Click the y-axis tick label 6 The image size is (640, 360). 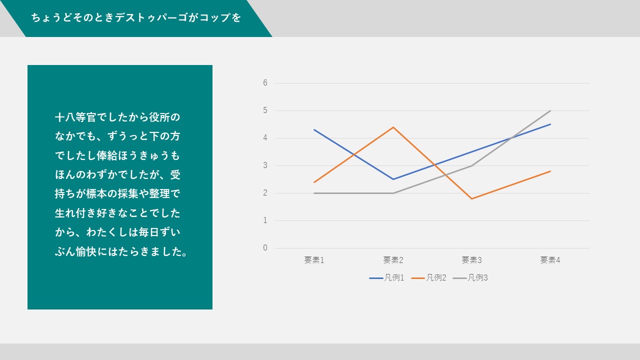265,83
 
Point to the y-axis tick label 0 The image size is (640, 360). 265,247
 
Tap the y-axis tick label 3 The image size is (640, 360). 265,165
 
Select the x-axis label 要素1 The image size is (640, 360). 314,260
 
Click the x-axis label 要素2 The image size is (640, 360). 393,260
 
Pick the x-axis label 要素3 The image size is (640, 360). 471,260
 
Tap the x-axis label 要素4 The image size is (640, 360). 550,260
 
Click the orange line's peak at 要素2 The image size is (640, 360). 393,127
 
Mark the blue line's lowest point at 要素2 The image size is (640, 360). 393,179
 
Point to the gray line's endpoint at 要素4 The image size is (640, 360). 550,110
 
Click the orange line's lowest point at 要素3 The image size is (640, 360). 471,198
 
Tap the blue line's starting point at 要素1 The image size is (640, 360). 314,129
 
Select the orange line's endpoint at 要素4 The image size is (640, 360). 550,171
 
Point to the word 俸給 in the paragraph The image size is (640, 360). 107,155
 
